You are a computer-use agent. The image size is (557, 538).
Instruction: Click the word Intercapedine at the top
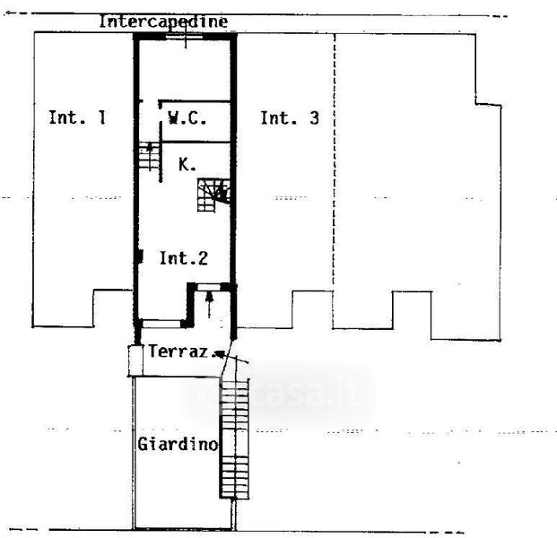click(x=162, y=21)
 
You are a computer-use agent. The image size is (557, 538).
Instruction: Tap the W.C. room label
click(x=187, y=117)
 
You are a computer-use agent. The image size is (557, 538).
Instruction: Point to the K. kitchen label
click(x=186, y=164)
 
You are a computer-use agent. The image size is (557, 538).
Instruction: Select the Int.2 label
click(x=184, y=258)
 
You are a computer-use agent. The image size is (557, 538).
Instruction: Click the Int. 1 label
click(x=77, y=117)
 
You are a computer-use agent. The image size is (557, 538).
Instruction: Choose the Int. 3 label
click(x=289, y=117)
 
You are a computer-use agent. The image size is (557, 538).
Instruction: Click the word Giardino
click(x=178, y=444)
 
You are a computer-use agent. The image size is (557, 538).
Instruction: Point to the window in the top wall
click(x=186, y=37)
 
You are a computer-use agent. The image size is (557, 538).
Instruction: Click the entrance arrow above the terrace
click(x=210, y=306)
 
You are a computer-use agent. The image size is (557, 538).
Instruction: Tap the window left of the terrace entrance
click(x=162, y=321)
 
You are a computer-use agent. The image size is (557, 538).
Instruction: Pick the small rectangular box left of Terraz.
click(x=135, y=360)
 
